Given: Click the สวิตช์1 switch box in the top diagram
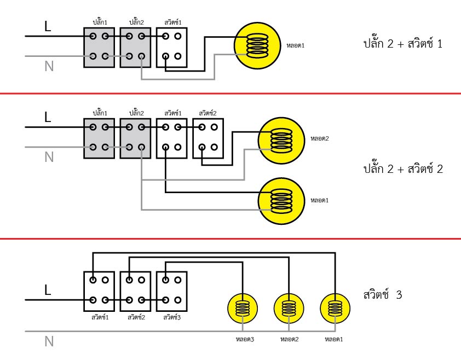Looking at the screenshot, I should (171, 47).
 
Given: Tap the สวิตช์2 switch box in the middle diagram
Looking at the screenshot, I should (208, 137).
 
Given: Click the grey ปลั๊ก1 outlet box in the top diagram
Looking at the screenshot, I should (99, 47).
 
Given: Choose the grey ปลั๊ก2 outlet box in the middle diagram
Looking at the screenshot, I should (135, 137).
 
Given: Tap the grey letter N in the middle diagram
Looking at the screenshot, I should (49, 157).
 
